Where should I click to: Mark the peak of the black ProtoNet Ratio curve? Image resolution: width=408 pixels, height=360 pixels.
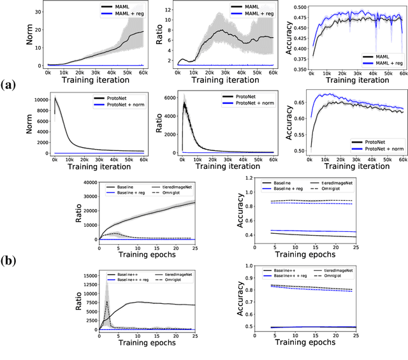pyautogui.click(x=184, y=103)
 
